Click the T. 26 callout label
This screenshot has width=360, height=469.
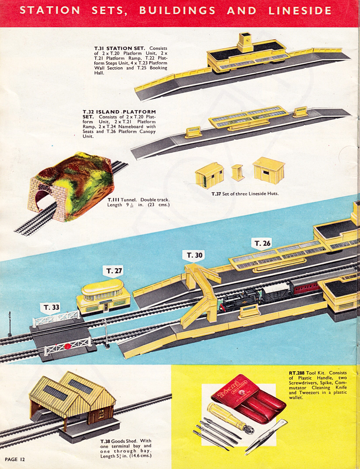[263, 244]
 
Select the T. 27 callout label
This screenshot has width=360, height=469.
[114, 271]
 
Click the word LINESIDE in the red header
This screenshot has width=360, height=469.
[300, 11]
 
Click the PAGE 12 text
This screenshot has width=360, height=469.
[15, 459]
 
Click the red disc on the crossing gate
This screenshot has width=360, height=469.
[67, 347]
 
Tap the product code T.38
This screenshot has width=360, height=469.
[105, 441]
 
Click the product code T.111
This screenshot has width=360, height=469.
[113, 199]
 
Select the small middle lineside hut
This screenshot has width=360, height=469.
[238, 173]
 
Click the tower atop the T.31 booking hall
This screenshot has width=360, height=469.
[246, 42]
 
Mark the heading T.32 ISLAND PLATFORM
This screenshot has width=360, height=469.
[119, 112]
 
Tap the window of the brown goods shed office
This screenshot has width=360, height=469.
[101, 414]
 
